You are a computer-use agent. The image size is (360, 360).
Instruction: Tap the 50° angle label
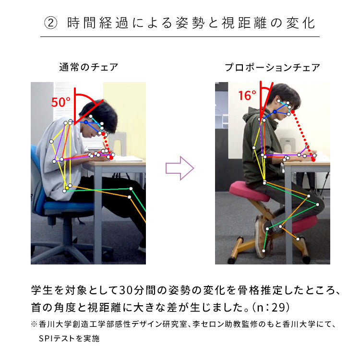click(61, 102)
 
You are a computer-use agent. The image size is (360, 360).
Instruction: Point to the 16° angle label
click(247, 96)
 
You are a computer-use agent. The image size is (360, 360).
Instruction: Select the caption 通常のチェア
click(88, 67)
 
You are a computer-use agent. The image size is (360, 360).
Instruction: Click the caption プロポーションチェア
click(272, 67)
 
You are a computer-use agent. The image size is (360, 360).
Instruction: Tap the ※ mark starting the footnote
click(34, 324)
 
